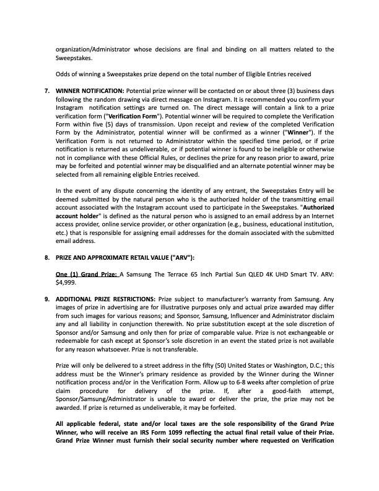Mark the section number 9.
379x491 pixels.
[47, 298]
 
